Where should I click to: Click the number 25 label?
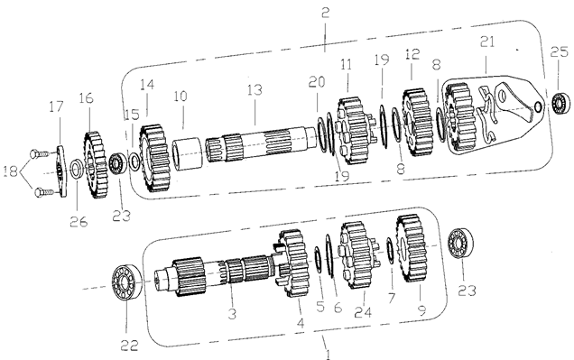click(560, 52)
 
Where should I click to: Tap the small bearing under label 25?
click(560, 103)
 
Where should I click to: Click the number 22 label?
click(129, 345)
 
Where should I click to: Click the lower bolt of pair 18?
click(44, 192)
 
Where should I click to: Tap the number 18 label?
click(10, 171)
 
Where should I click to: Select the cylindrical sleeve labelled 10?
click(187, 154)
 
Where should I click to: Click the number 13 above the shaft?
click(255, 89)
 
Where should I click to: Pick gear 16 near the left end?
click(95, 165)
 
